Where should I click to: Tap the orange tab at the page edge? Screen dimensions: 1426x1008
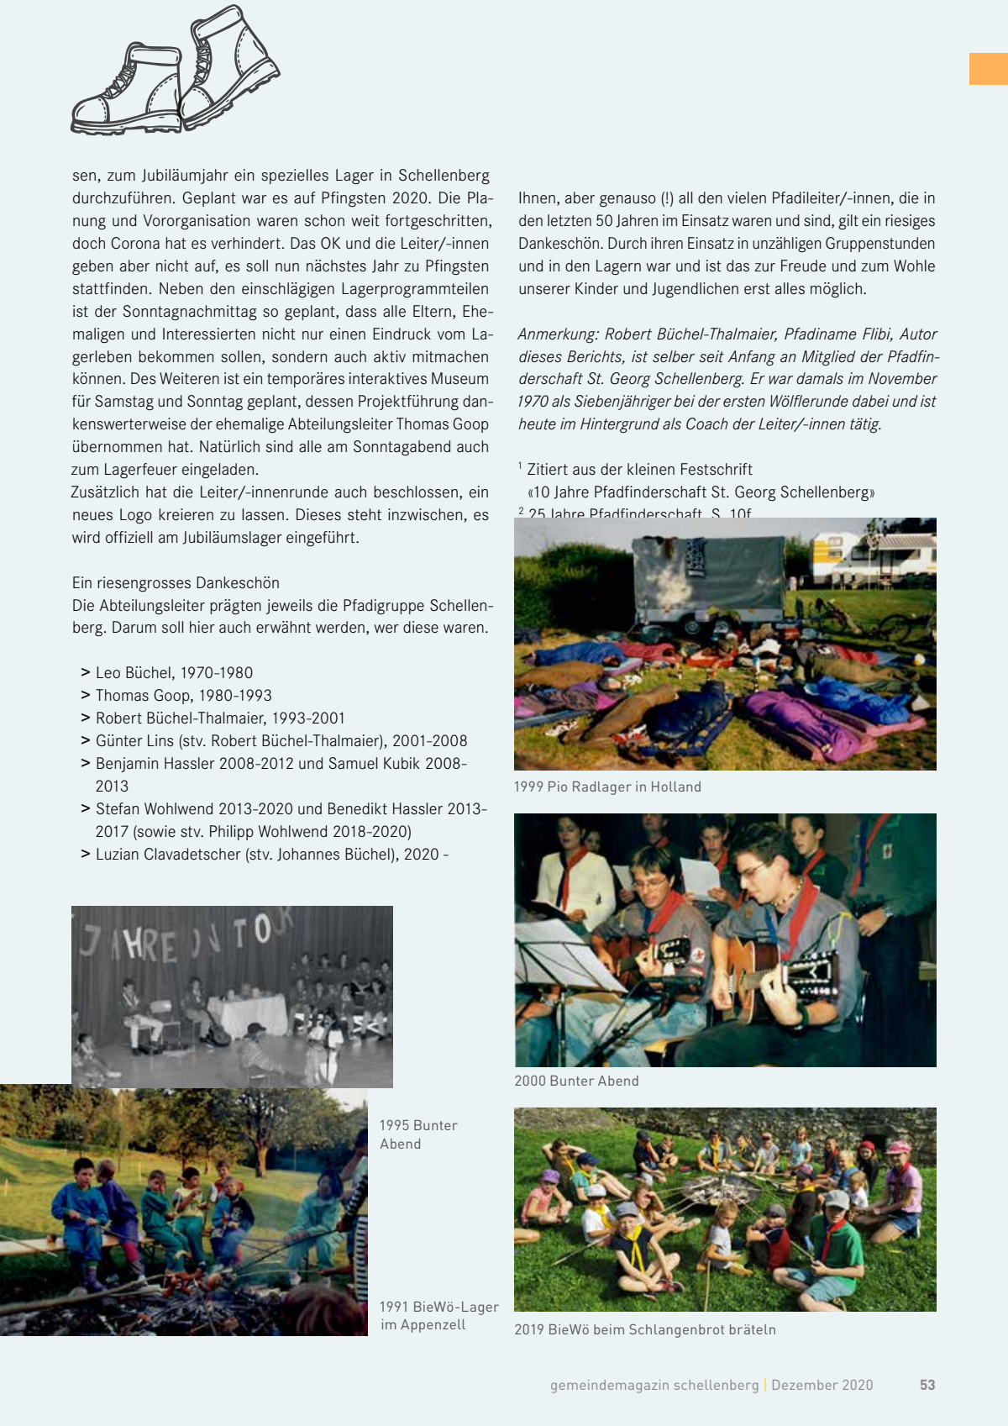point(988,69)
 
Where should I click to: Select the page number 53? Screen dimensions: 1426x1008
point(927,1385)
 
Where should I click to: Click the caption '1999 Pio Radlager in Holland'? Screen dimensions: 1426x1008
point(607,787)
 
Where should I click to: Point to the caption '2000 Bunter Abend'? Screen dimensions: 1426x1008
point(576,1081)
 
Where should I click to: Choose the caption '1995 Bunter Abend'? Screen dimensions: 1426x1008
point(418,1134)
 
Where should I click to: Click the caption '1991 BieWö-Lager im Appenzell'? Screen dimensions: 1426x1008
point(438,1316)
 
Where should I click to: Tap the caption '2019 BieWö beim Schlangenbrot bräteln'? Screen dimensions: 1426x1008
point(645,1329)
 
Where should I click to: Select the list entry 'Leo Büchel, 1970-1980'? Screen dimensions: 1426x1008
point(174,672)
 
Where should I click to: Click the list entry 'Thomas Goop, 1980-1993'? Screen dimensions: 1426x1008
point(183,695)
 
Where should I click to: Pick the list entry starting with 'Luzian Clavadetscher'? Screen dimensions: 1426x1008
point(271,854)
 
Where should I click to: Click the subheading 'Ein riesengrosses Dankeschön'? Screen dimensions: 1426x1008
point(176,582)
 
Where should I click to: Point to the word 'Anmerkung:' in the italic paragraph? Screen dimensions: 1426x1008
point(559,334)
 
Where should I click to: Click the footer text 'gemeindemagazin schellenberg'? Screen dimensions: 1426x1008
point(654,1385)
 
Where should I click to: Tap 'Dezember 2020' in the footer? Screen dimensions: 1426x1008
point(822,1385)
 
